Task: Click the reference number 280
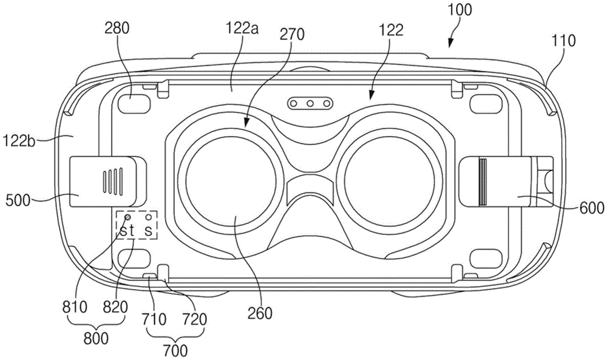click(117, 29)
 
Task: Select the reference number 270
click(293, 35)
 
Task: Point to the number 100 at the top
click(459, 10)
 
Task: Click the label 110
click(564, 40)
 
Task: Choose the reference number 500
click(18, 200)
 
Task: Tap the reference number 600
click(592, 208)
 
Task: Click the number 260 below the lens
click(260, 313)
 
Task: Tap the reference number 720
click(195, 319)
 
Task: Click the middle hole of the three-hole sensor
click(310, 103)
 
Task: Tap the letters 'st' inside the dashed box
click(127, 231)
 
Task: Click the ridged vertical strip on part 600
click(483, 181)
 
